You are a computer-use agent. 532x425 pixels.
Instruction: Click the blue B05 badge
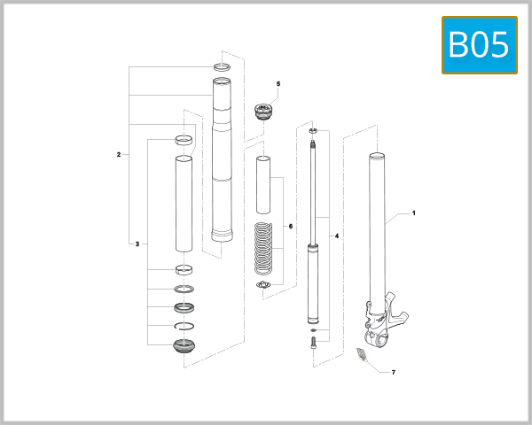point(480,44)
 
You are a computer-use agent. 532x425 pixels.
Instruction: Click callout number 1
point(413,214)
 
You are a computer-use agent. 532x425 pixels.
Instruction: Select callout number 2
point(118,154)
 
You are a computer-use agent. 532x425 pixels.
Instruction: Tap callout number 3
point(137,243)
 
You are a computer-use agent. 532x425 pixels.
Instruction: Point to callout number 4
point(335,236)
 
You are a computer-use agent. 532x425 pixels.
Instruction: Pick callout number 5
point(278,84)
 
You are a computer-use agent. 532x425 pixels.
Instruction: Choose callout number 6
point(289,227)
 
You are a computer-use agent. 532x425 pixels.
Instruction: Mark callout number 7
point(393,373)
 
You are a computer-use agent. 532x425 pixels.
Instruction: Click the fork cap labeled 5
point(263,112)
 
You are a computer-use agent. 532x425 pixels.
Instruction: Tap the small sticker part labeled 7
point(361,356)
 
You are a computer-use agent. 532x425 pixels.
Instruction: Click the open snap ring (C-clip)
point(184,327)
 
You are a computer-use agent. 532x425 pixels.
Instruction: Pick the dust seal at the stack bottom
point(184,345)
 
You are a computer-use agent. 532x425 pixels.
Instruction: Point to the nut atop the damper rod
point(313,131)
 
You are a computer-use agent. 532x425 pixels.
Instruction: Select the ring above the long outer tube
point(221,67)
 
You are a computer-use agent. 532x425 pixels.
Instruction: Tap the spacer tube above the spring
point(263,184)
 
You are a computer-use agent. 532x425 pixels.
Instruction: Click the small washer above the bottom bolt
point(313,330)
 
